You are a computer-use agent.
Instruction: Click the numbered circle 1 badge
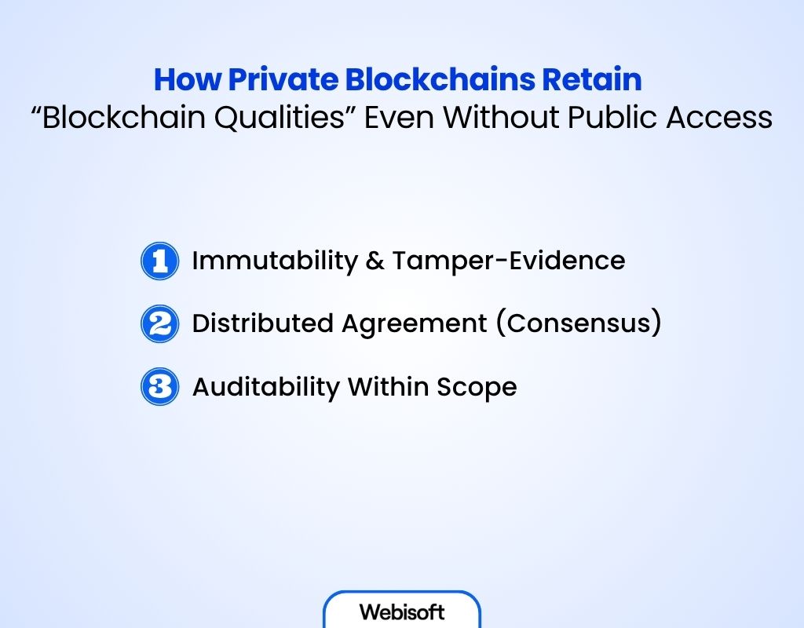tap(160, 261)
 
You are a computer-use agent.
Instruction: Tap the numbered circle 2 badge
tap(160, 324)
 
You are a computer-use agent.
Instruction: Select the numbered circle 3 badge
tap(160, 387)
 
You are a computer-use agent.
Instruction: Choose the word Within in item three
tap(385, 387)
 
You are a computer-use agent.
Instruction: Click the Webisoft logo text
tap(401, 612)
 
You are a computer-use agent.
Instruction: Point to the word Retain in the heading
tap(602, 81)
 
